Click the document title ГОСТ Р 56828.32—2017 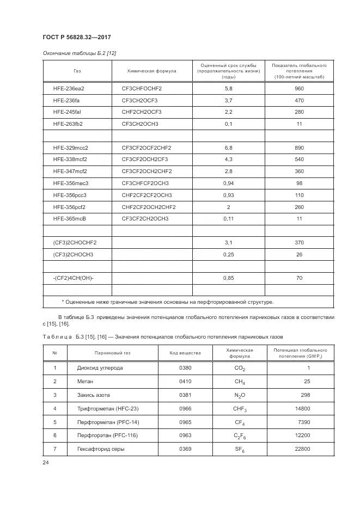(77, 37)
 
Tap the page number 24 (45, 463)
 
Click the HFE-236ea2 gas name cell (69, 88)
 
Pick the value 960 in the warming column (298, 88)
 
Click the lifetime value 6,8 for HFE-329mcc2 (228, 148)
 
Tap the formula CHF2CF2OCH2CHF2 (149, 207)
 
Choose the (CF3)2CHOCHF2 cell (75, 243)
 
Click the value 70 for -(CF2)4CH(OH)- (299, 278)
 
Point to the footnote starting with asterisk (168, 302)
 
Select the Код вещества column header (185, 353)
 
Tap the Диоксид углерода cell (100, 368)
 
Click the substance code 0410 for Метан (185, 381)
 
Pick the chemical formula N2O (239, 395)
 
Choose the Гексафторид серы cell (101, 449)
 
